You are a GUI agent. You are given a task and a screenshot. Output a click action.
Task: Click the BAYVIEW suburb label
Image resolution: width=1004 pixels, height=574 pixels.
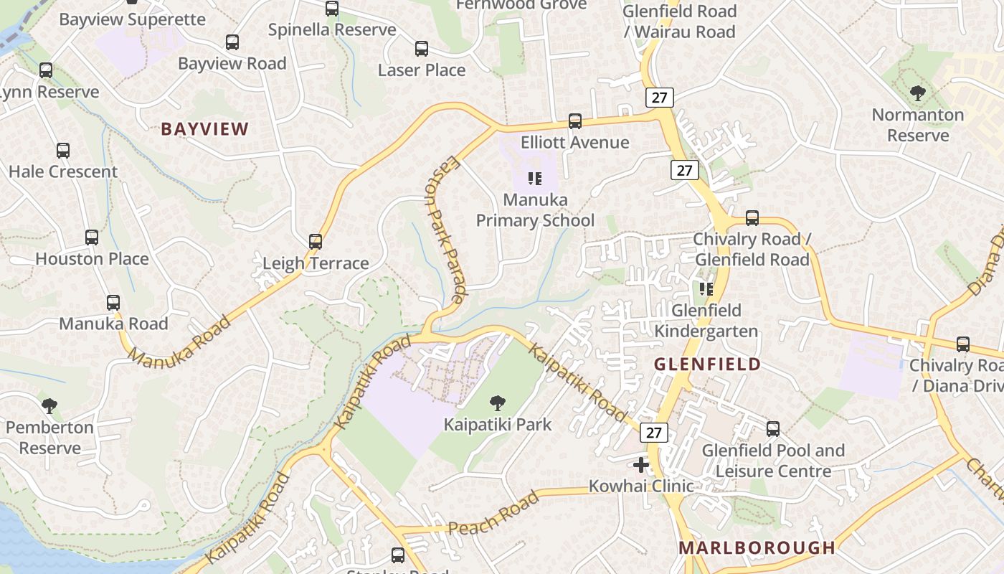click(x=204, y=129)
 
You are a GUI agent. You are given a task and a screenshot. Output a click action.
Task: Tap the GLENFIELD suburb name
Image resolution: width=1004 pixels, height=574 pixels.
click(x=707, y=364)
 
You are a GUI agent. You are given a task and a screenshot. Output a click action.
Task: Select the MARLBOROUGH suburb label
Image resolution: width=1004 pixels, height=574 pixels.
click(x=757, y=547)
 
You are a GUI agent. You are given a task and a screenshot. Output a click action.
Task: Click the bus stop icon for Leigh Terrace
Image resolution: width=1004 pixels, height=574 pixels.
click(x=316, y=242)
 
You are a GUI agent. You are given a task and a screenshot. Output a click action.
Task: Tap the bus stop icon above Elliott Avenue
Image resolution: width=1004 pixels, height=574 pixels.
click(x=575, y=121)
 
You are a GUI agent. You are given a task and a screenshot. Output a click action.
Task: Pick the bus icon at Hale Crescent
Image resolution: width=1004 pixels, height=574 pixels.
click(x=63, y=151)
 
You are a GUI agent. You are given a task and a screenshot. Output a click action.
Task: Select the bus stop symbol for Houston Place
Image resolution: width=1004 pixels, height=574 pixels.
click(x=92, y=237)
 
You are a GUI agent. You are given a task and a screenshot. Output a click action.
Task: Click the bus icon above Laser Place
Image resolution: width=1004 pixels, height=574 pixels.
click(x=422, y=49)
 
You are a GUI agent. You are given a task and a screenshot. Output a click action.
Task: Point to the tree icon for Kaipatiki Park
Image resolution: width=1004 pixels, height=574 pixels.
click(x=498, y=403)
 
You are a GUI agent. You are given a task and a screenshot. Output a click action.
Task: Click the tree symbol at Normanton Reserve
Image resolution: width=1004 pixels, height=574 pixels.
click(x=917, y=93)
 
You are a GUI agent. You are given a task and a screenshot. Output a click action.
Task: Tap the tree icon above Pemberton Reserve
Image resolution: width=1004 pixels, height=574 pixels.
click(x=49, y=406)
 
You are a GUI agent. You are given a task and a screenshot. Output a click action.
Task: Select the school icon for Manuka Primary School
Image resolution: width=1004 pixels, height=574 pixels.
click(x=534, y=179)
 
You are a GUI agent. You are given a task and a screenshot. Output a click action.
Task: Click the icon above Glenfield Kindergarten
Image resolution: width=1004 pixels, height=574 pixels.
click(x=706, y=289)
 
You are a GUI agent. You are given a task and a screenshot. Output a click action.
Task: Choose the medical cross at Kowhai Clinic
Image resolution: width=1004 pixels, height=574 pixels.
click(x=641, y=465)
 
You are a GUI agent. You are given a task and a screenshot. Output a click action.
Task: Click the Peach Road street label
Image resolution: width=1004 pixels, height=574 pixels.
click(x=493, y=514)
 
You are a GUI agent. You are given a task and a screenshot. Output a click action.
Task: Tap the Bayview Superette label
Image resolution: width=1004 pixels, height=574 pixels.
click(x=132, y=19)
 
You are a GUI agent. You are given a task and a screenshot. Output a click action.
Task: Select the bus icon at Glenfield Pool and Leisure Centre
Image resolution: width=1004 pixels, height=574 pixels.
click(x=773, y=429)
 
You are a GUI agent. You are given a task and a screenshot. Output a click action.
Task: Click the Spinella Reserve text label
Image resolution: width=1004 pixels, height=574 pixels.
click(x=332, y=29)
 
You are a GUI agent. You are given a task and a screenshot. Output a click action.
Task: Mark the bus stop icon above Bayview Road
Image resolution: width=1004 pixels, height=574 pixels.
click(x=232, y=42)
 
